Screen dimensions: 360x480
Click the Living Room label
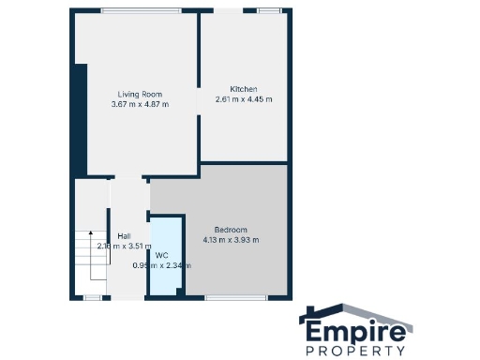tap(140, 94)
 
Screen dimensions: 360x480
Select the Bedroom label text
tap(231, 230)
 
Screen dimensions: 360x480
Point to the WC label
tap(161, 254)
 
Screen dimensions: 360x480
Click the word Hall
tap(124, 236)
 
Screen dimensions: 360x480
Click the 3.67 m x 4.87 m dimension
tap(140, 103)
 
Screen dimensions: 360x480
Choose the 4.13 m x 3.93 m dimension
tap(231, 240)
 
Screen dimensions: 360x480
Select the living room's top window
tap(128, 10)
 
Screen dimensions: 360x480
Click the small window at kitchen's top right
tap(269, 10)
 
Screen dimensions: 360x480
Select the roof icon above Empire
tap(357, 312)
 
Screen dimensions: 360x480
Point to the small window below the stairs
tap(92, 297)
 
